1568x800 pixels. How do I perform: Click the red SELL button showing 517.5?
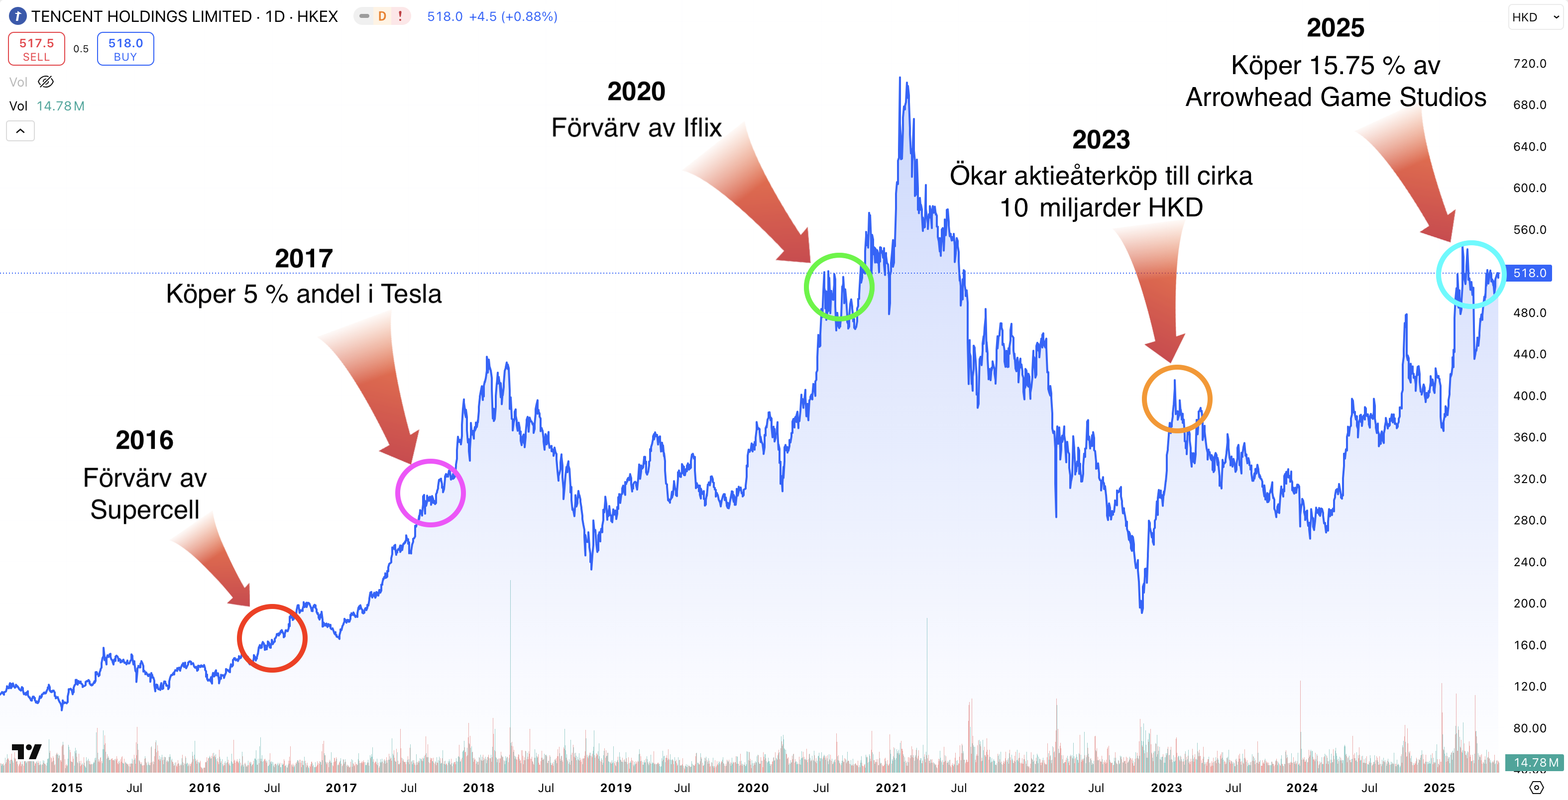pos(36,49)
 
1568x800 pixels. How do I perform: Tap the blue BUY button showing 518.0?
pos(125,49)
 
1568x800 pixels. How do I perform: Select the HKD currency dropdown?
pos(1535,17)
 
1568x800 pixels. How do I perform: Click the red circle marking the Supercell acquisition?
pos(272,638)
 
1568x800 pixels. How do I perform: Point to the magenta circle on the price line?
pos(431,493)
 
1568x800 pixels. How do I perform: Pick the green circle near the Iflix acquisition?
pos(839,287)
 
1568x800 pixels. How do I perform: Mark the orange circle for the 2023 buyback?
pos(1177,399)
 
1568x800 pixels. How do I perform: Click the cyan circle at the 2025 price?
pos(1470,274)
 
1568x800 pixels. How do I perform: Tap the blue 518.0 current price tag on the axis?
pos(1529,273)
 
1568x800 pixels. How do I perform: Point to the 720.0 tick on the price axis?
pos(1529,63)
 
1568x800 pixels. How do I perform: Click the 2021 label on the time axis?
pos(891,788)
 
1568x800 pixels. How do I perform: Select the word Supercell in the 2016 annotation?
pos(145,510)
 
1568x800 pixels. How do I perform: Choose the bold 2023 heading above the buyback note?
pos(1101,140)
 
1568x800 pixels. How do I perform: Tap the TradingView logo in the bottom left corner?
pos(26,752)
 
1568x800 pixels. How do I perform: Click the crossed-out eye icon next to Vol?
pos(46,82)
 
